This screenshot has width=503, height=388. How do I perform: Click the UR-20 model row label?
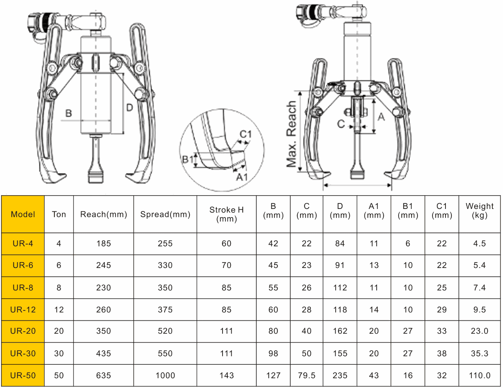click(23, 331)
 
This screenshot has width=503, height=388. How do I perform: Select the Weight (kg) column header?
click(479, 211)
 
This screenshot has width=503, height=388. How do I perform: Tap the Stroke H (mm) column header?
click(226, 214)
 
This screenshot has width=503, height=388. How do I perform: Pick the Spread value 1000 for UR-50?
click(165, 375)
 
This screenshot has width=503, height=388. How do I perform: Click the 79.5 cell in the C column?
click(306, 375)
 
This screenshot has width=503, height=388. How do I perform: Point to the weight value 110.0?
click(479, 375)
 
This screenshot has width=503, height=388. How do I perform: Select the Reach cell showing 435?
click(104, 353)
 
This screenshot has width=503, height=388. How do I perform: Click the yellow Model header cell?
click(23, 214)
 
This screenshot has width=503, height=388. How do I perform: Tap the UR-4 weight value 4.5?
click(479, 244)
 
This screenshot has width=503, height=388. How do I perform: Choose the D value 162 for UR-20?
click(340, 331)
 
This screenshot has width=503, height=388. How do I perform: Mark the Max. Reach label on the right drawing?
click(291, 134)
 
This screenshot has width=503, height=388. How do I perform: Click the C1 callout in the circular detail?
click(246, 134)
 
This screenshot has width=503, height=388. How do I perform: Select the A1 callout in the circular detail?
click(242, 177)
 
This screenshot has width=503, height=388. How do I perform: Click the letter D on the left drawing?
click(129, 107)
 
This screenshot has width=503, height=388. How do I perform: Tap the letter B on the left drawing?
click(69, 113)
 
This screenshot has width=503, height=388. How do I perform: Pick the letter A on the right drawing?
click(381, 117)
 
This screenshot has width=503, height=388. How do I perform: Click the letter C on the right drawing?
click(341, 124)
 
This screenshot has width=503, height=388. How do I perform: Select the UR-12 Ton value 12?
click(59, 310)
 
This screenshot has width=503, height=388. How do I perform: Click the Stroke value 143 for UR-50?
click(226, 375)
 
